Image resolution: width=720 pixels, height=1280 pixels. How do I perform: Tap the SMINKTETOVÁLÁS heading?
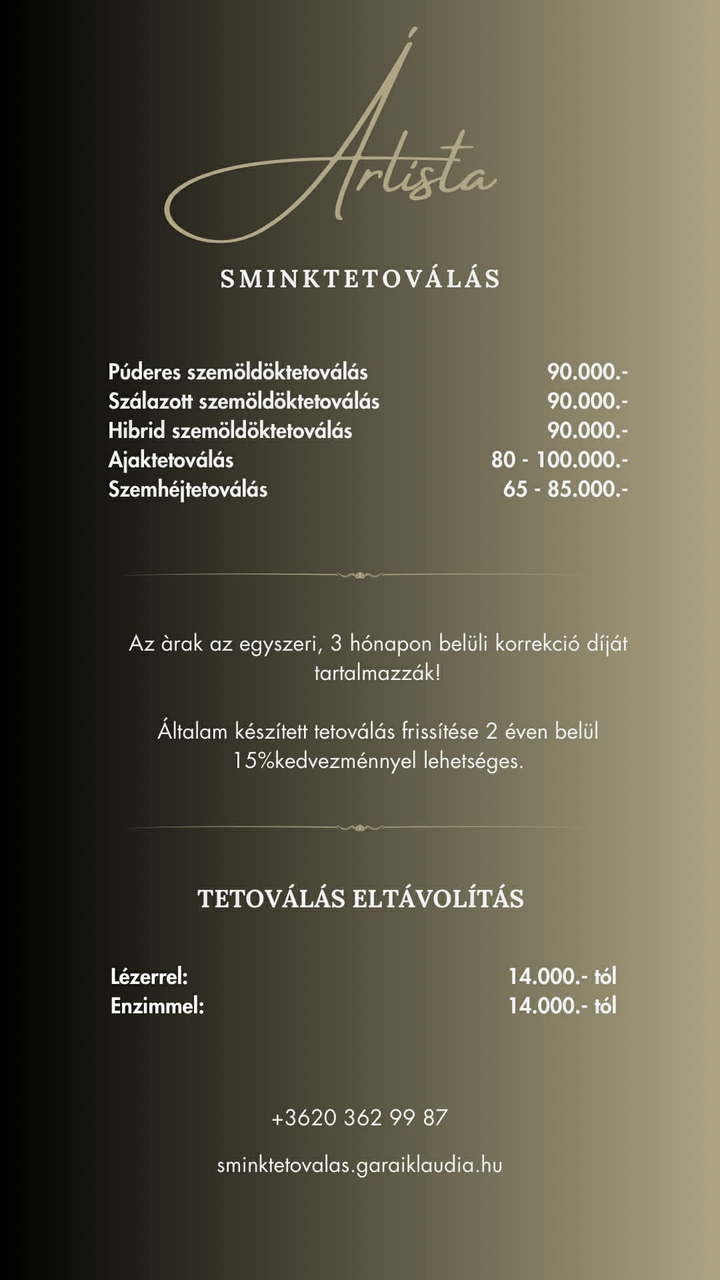360,279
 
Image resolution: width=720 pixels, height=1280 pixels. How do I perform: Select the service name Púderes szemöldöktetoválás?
238,372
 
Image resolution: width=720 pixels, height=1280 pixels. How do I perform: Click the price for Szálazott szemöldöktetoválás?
587,401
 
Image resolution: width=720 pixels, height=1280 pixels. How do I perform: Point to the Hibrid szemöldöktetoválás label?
230,431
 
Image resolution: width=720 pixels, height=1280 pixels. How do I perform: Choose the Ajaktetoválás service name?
171,460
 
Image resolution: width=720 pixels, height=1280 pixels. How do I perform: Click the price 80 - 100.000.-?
559,460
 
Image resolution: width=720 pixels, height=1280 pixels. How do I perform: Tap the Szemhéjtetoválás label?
188,489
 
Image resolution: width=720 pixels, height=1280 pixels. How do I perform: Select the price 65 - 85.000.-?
565,489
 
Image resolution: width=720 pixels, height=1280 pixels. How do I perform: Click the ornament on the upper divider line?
360,575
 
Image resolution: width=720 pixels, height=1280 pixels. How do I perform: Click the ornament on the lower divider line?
360,828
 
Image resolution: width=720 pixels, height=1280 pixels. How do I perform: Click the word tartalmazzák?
377,673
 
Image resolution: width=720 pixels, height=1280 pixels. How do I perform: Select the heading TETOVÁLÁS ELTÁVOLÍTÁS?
360,899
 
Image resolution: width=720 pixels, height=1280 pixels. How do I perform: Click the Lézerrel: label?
149,977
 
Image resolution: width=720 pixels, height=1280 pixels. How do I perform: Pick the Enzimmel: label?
157,1006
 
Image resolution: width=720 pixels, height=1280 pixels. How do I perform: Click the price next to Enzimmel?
562,1006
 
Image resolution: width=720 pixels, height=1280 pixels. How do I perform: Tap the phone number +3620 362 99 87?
360,1117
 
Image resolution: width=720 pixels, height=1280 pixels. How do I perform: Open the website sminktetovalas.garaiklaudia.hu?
360,1165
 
